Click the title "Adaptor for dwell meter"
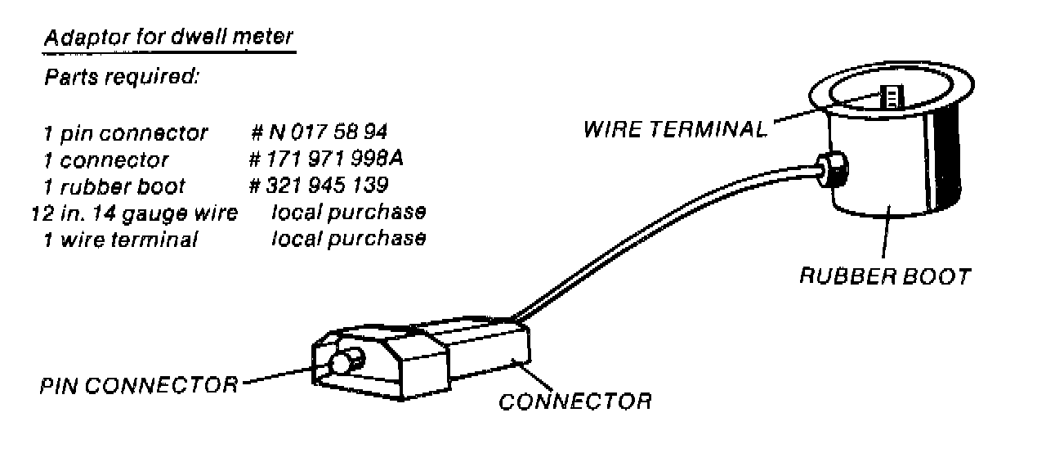[169, 38]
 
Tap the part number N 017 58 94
[319, 132]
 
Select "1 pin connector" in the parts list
[126, 132]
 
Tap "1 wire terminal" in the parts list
[121, 240]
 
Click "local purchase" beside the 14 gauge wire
[348, 213]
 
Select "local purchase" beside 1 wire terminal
[348, 239]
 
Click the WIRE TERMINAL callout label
[675, 129]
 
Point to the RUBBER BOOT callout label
[884, 276]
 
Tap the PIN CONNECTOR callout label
[139, 384]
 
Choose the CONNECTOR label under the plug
[575, 401]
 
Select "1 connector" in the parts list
[106, 159]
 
